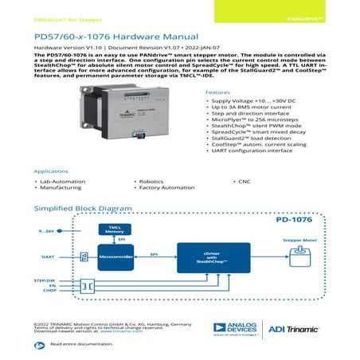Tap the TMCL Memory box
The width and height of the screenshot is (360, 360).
[115, 230]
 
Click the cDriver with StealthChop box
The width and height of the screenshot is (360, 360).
[212, 257]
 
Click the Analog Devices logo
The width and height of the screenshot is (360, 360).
[233, 328]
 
